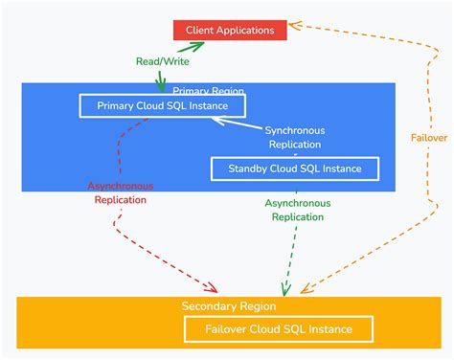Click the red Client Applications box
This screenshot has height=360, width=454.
pos(229,30)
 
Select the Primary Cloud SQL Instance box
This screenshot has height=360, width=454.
pos(162,104)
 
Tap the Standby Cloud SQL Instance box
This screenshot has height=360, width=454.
pos(294,169)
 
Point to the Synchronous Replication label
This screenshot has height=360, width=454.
pos(295,138)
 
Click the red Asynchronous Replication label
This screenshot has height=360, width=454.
pos(121,192)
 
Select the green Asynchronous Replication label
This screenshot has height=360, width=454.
pos(298,210)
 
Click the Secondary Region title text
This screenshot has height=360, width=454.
pos(229,306)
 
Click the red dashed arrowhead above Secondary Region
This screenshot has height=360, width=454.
pos(212,286)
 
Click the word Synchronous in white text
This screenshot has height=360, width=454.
pos(295,130)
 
